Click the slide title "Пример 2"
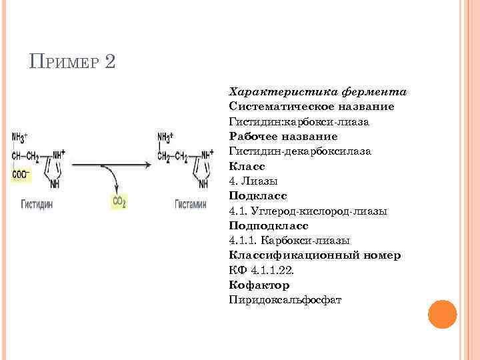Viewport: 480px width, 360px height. pyautogui.click(x=73, y=63)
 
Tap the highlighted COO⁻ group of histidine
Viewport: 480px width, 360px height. pyautogui.click(x=21, y=175)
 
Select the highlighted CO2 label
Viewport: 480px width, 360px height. pyautogui.click(x=119, y=201)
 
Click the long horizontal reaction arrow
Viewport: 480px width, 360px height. pyautogui.click(x=111, y=162)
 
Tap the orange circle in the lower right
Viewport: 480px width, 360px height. pyautogui.click(x=441, y=313)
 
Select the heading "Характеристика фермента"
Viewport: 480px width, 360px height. pyautogui.click(x=318, y=92)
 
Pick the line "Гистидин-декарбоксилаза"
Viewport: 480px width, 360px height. pyautogui.click(x=299, y=151)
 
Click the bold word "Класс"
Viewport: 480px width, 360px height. pyautogui.click(x=247, y=166)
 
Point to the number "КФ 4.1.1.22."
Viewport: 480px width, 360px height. pyautogui.click(x=260, y=270)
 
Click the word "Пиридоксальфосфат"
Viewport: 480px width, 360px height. pyautogui.click(x=285, y=299)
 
